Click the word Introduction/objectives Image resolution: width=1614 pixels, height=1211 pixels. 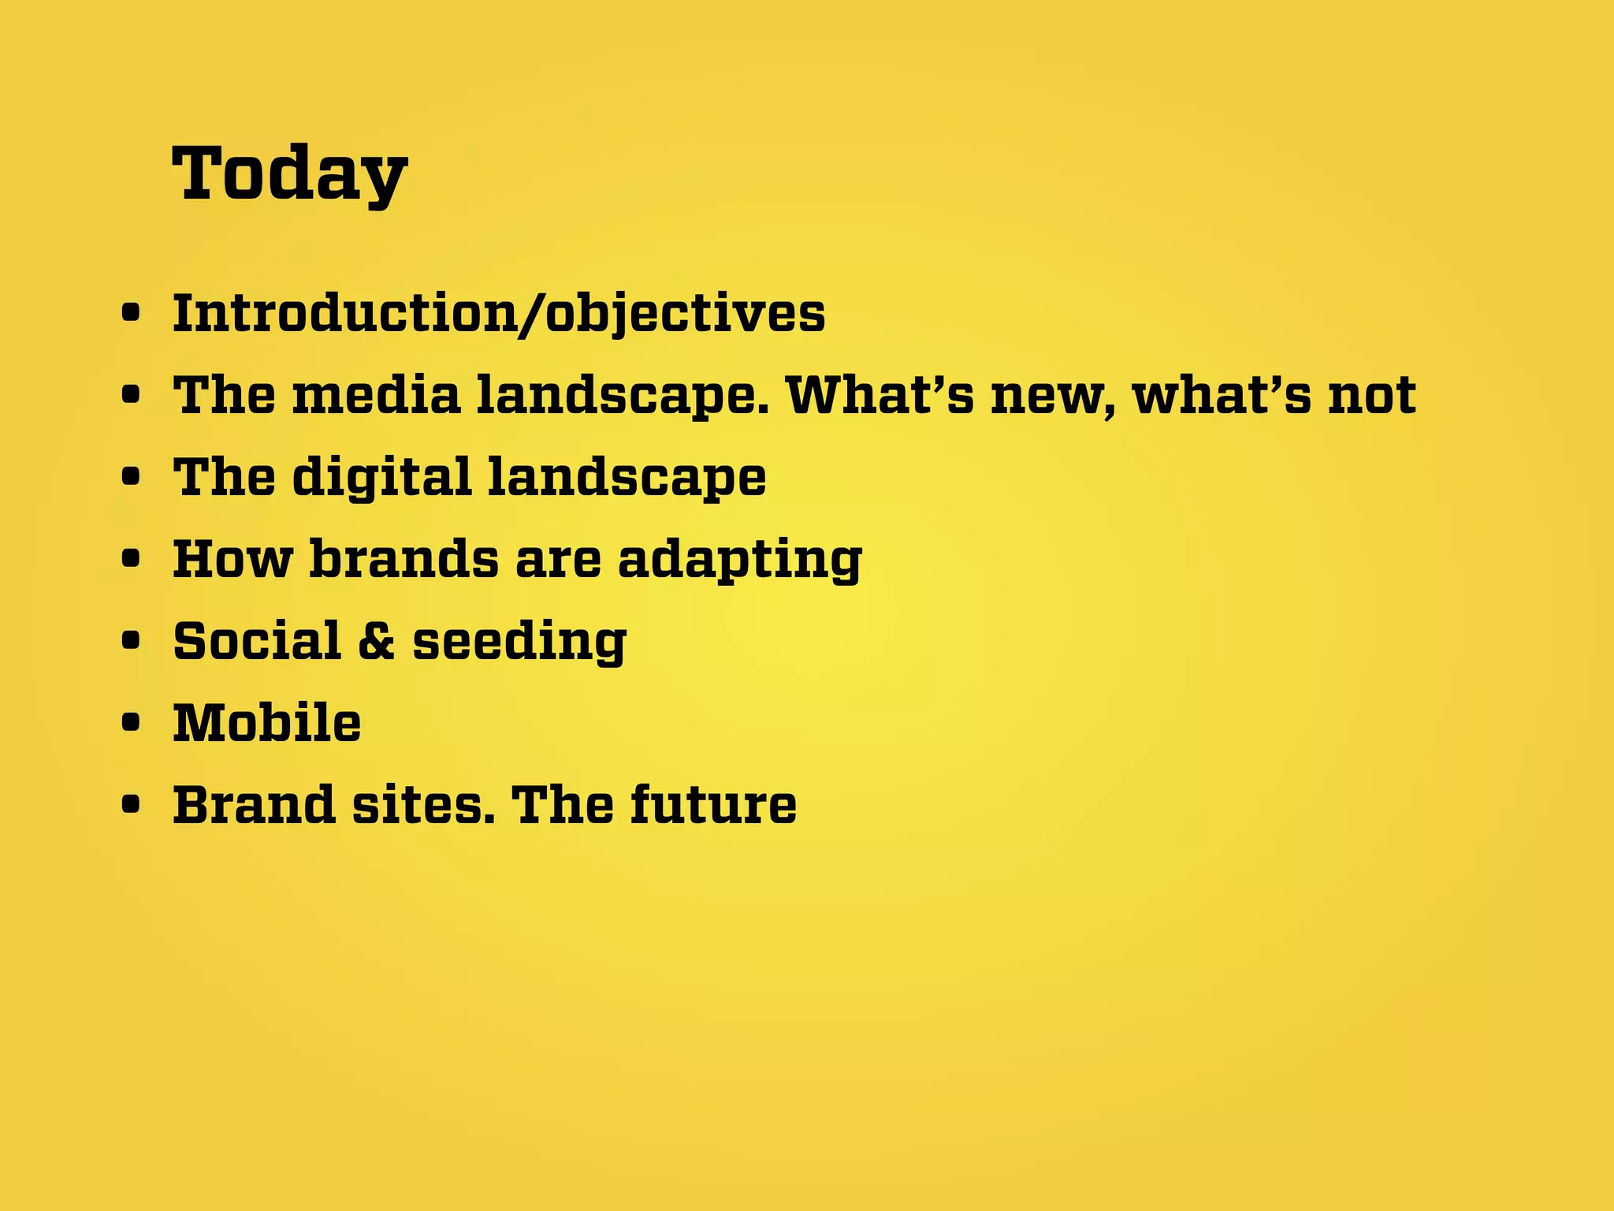pyautogui.click(x=499, y=314)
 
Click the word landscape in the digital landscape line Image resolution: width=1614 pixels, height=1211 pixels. pyautogui.click(x=627, y=478)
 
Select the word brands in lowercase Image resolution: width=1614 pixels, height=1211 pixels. pyautogui.click(x=404, y=559)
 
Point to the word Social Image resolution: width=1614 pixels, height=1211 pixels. pyautogui.click(x=257, y=641)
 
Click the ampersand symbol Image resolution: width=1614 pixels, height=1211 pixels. pyautogui.click(x=376, y=641)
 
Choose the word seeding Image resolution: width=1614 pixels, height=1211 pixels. pyautogui.click(x=519, y=643)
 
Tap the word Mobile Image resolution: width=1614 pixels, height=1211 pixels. pyautogui.click(x=267, y=723)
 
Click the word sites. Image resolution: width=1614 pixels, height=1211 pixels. pyautogui.click(x=423, y=805)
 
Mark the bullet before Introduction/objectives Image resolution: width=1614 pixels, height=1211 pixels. pyautogui.click(x=132, y=314)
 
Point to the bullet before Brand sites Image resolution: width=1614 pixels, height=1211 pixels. pyautogui.click(x=132, y=805)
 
